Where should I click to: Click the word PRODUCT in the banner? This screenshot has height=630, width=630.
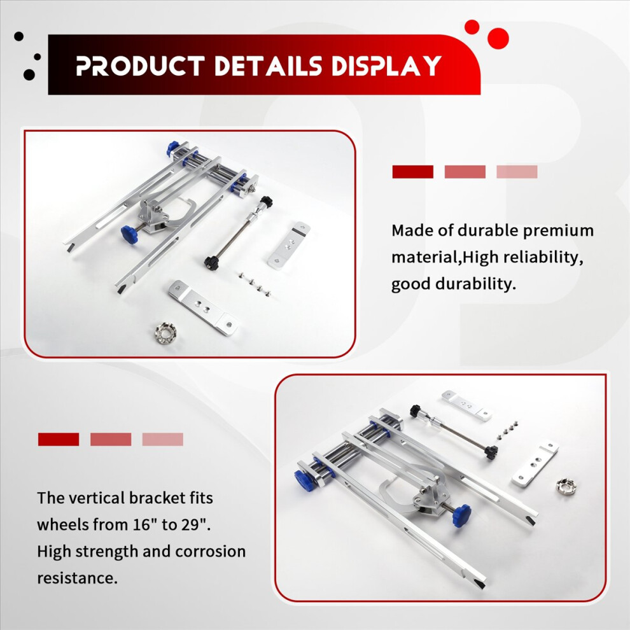pos(140,66)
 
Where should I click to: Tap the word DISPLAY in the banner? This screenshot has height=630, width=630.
pos(386,66)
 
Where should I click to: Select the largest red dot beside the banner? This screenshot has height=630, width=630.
pos(498,39)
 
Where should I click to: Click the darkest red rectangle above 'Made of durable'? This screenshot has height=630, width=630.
pos(412,172)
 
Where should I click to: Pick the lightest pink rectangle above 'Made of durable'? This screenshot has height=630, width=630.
pos(517,172)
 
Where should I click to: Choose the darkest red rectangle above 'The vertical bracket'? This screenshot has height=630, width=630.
pos(59,439)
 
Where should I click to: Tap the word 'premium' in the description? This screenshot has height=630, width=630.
pos(557,231)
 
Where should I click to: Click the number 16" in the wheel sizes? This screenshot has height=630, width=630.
pos(144,524)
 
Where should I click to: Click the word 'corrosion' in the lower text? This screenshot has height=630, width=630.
pos(210,551)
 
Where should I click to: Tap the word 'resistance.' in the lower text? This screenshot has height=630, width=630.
pos(77,578)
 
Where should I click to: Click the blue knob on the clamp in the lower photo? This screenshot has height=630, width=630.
pos(462,515)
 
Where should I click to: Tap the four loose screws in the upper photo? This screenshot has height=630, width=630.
pos(254,284)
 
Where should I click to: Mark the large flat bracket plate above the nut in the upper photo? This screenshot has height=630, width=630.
pos(203,308)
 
